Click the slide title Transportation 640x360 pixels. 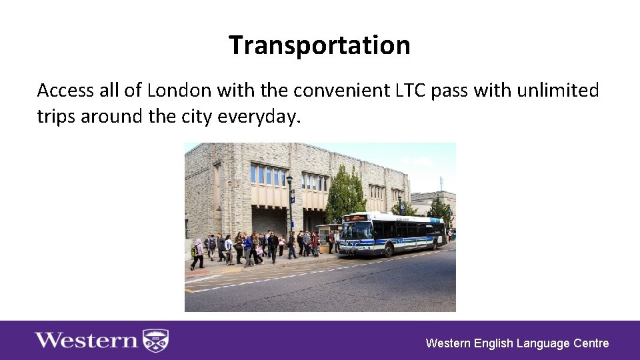pos(319,45)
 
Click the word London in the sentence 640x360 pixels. pos(179,90)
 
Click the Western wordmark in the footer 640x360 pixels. pos(87,341)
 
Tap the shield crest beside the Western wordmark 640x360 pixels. pos(157,341)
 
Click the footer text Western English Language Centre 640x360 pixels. pos(517,343)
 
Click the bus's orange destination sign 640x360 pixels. pos(355,217)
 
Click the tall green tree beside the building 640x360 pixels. pos(345,193)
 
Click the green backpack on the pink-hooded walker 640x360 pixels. pos(193,252)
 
